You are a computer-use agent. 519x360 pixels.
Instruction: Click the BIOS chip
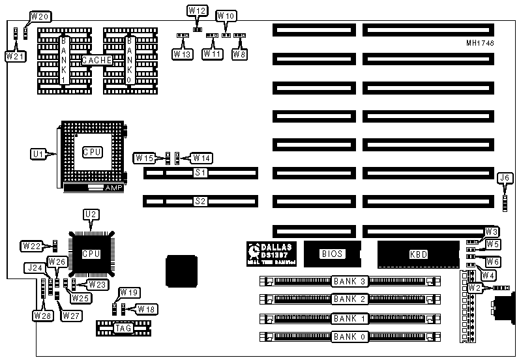332,254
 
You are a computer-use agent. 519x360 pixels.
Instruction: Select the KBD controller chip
417,254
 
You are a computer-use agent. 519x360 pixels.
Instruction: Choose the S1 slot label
200,173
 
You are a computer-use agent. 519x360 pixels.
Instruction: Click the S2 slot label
200,202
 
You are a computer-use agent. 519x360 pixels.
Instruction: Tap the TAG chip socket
123,327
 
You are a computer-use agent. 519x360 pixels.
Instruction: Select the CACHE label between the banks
97,61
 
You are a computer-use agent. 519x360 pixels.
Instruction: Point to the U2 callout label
90,213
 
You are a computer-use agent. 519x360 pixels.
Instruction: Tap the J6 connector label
504,177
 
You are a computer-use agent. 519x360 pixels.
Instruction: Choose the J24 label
35,267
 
